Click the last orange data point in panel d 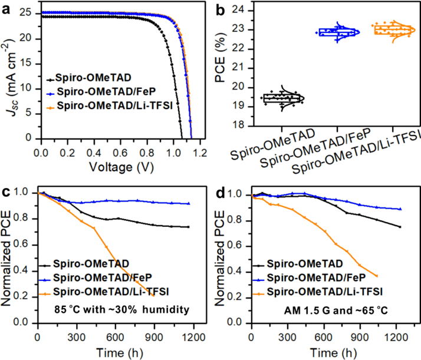pos(377,276)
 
